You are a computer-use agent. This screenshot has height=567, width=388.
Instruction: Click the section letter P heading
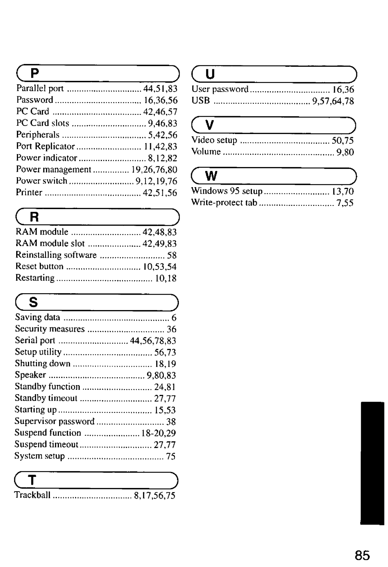(x=34, y=74)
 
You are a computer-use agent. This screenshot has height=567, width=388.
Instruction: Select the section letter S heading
(x=33, y=303)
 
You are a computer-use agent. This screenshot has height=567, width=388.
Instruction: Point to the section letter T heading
(x=32, y=480)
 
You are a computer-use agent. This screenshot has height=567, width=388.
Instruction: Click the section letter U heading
(x=211, y=74)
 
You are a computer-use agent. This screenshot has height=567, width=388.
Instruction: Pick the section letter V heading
(x=210, y=125)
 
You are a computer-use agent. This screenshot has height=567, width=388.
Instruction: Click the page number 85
(x=362, y=555)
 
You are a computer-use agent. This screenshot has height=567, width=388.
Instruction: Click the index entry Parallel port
(x=40, y=88)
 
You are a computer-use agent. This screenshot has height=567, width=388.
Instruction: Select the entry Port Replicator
(x=45, y=146)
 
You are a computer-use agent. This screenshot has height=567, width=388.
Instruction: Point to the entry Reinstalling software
(x=56, y=255)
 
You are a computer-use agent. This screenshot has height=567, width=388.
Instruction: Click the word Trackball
(x=32, y=495)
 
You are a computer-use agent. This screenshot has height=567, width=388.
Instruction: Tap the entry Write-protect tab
(x=224, y=203)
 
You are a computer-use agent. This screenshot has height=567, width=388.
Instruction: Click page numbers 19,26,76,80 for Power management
(x=154, y=169)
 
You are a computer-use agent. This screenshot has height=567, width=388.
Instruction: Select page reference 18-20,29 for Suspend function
(x=158, y=433)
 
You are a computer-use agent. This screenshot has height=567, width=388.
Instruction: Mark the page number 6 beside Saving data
(x=174, y=318)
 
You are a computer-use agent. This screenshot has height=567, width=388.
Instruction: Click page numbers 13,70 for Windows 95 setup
(x=343, y=191)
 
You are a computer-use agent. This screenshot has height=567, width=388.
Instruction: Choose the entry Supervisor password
(x=54, y=421)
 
